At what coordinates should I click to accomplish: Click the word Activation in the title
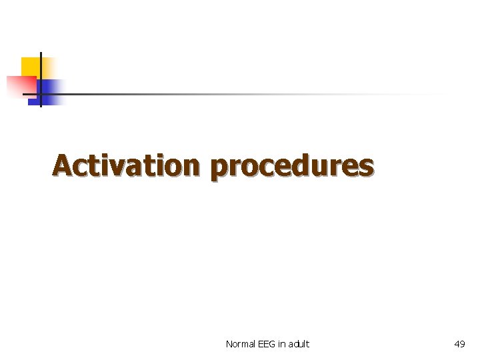click(x=126, y=165)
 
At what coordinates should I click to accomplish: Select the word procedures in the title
click(x=291, y=167)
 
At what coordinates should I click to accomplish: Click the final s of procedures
click(x=366, y=167)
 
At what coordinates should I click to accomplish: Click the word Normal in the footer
click(x=239, y=344)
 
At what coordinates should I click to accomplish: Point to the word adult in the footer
click(x=299, y=344)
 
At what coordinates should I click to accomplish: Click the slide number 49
click(x=459, y=344)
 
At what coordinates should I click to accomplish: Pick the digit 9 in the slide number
click(x=463, y=344)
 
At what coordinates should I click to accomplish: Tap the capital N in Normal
click(x=229, y=344)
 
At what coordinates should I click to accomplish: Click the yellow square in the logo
click(x=31, y=67)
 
